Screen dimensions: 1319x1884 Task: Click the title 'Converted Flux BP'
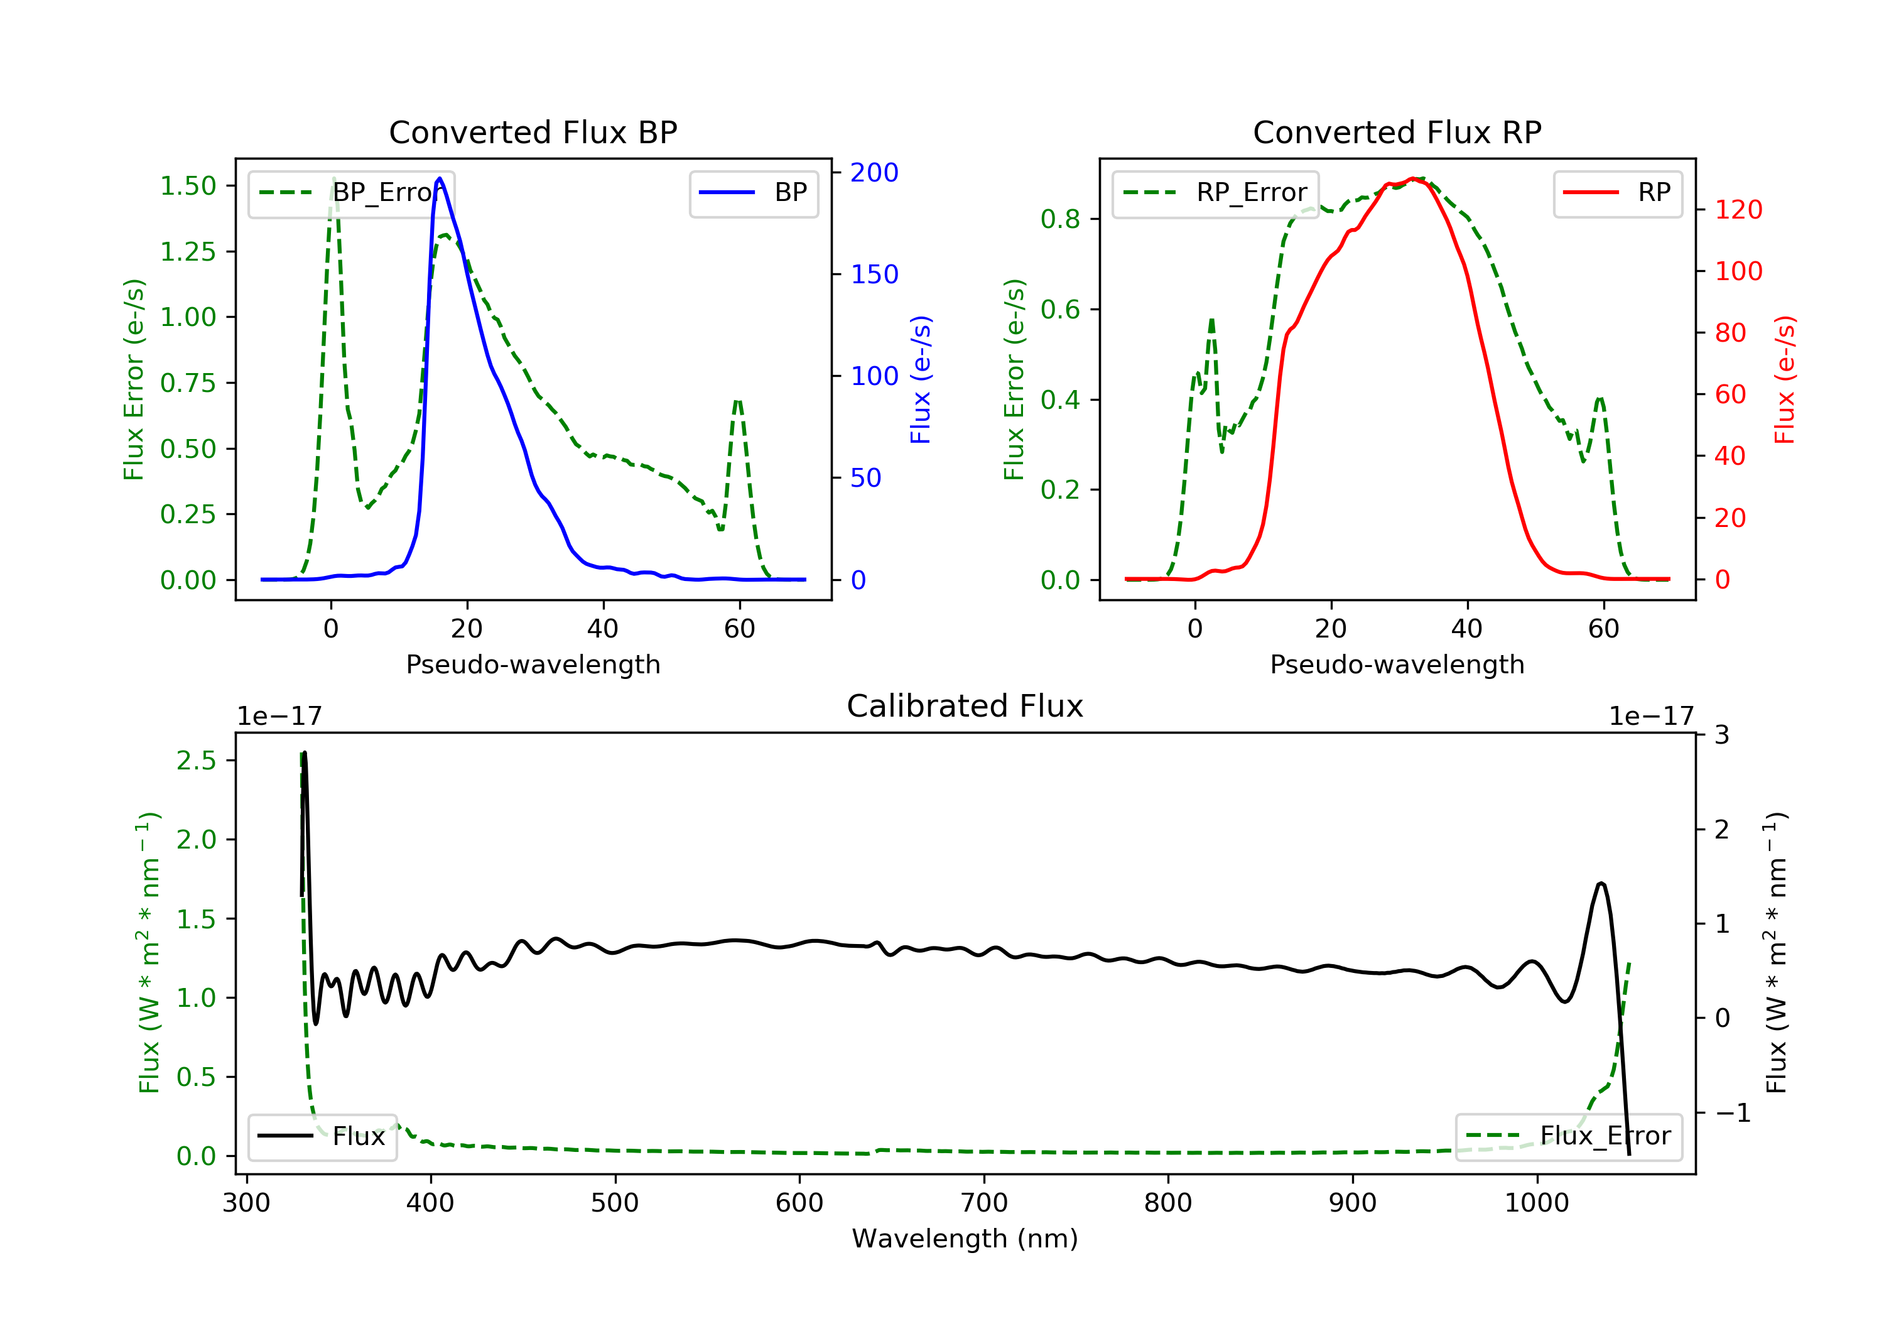[x=533, y=132]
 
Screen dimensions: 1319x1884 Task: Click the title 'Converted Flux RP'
[x=1397, y=132]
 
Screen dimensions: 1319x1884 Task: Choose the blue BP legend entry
[x=753, y=193]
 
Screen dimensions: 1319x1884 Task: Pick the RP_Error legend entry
[x=1215, y=193]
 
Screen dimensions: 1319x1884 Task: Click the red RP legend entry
[x=1616, y=193]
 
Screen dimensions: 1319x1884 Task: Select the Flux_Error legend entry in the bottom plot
[x=1568, y=1136]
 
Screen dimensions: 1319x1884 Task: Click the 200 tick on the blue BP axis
[x=874, y=172]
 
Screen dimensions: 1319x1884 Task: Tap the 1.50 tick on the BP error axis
[x=188, y=187]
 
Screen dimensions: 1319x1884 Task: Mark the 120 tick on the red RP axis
[x=1738, y=210]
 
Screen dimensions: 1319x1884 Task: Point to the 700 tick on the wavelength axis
[x=984, y=1203]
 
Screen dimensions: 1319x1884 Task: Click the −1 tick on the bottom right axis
[x=1732, y=1113]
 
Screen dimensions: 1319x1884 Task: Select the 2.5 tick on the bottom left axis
[x=196, y=761]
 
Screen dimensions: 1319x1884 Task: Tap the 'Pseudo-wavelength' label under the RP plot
[x=1397, y=664]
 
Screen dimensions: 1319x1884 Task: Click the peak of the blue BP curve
[x=440, y=178]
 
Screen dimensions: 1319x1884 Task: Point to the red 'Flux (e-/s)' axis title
[x=1784, y=379]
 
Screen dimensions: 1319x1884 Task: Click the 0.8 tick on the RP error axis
[x=1059, y=219]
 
